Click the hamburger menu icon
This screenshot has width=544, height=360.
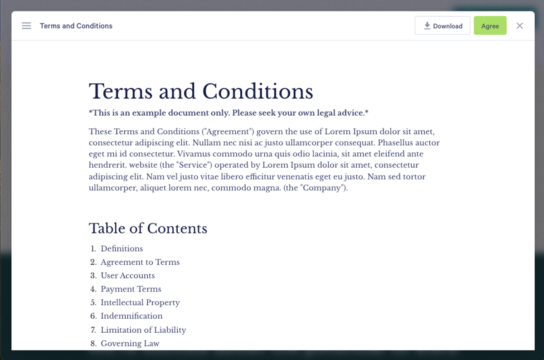click(x=26, y=26)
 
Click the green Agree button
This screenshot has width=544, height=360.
click(x=490, y=26)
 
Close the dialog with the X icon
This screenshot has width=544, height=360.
click(x=520, y=26)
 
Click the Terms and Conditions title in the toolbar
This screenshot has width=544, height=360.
click(x=76, y=26)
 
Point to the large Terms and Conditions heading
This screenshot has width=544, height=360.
click(x=201, y=92)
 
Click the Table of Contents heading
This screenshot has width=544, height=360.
click(x=148, y=228)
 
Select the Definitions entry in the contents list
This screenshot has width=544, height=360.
click(x=121, y=248)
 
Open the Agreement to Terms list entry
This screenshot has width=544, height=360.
click(x=140, y=262)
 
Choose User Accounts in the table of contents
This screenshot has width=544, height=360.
click(x=127, y=276)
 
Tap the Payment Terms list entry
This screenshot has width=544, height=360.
click(x=131, y=289)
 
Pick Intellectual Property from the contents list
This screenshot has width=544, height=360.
click(x=140, y=302)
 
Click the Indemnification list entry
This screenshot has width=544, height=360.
click(x=131, y=316)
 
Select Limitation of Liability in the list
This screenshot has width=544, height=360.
click(x=143, y=330)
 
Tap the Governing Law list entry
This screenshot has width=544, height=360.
click(x=130, y=343)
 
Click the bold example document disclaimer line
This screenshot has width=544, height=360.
click(x=228, y=113)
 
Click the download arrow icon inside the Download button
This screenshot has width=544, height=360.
click(x=427, y=26)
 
